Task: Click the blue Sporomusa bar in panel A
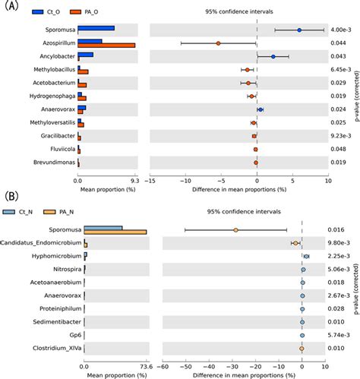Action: [96, 28]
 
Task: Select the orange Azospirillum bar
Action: [106, 45]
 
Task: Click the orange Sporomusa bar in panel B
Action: [115, 232]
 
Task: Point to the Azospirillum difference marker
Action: [218, 43]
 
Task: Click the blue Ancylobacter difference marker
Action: [273, 56]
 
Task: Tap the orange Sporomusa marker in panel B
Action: [236, 229]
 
